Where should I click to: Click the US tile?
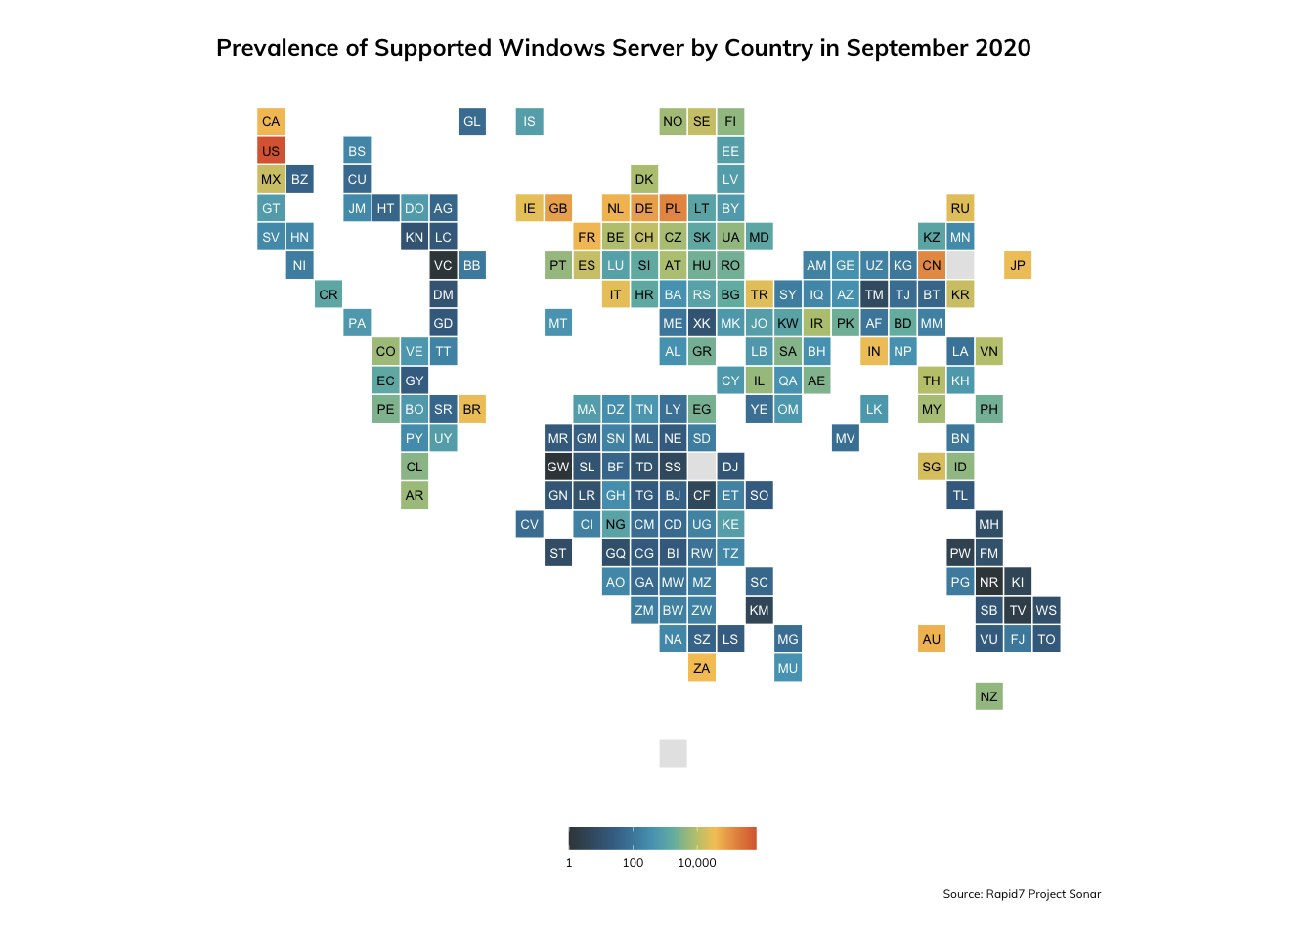pyautogui.click(x=271, y=151)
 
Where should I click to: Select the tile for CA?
pyautogui.click(x=271, y=122)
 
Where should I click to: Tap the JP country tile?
pyautogui.click(x=1018, y=265)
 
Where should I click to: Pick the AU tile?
pyautogui.click(x=932, y=639)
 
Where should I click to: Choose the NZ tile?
pyautogui.click(x=989, y=696)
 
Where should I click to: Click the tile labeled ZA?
pyautogui.click(x=702, y=668)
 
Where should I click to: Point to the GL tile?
pyautogui.click(x=472, y=122)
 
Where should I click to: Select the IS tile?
pyautogui.click(x=529, y=122)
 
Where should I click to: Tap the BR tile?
pyautogui.click(x=472, y=409)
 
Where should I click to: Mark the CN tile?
pyautogui.click(x=932, y=265)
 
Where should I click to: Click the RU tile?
pyautogui.click(x=960, y=208)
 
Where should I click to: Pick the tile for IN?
pyautogui.click(x=874, y=351)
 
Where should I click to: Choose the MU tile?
pyautogui.click(x=788, y=668)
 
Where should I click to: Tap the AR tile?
pyautogui.click(x=415, y=495)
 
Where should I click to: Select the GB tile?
pyautogui.click(x=558, y=208)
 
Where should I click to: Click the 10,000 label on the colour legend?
pyautogui.click(x=697, y=863)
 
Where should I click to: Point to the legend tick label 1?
pyautogui.click(x=569, y=863)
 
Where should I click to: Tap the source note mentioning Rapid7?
pyautogui.click(x=1022, y=894)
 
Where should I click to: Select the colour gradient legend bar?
pyautogui.click(x=663, y=838)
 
